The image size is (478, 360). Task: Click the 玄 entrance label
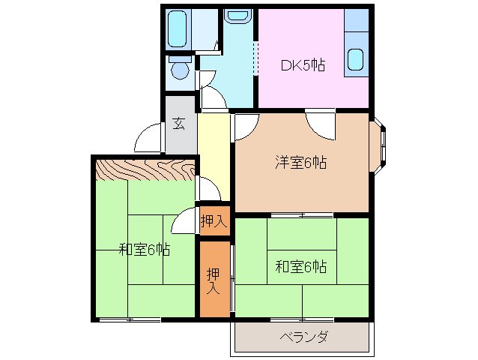[180, 124]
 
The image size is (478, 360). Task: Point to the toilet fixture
[179, 68]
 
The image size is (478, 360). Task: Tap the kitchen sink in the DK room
[355, 58]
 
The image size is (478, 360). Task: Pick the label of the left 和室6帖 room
[143, 249]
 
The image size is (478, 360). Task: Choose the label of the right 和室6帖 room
[300, 266]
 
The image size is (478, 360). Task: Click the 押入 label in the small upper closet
[214, 221]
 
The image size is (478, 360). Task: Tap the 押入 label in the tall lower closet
[214, 279]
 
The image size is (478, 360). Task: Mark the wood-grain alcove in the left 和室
[145, 170]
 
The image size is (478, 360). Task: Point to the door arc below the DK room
[320, 124]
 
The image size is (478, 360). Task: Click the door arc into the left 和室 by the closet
[184, 222]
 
